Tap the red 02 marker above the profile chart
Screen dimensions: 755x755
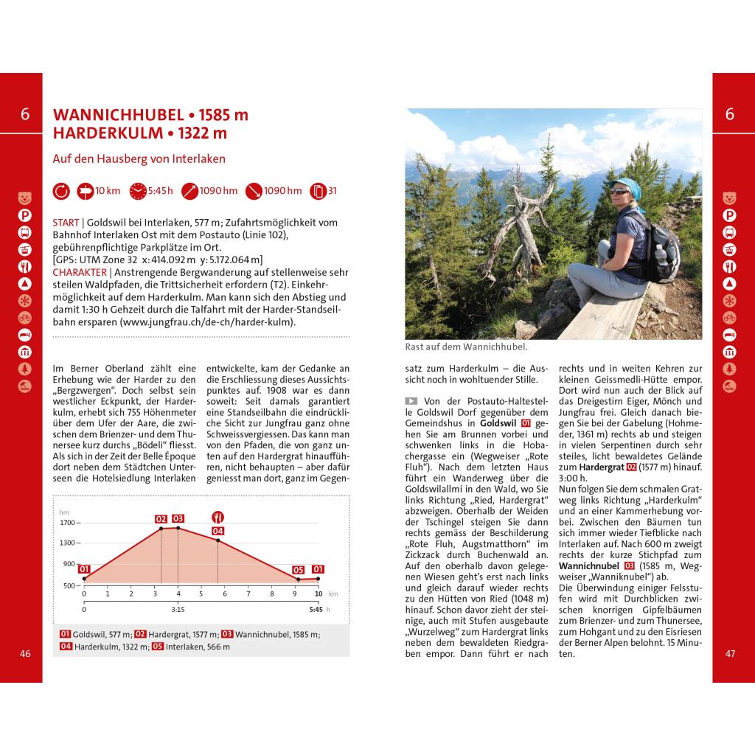(161, 519)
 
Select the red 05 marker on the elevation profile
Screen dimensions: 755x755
(298, 570)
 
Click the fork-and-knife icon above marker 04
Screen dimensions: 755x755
(218, 516)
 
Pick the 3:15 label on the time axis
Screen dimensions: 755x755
(178, 610)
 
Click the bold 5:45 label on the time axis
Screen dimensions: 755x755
(316, 610)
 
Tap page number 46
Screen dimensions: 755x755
(26, 653)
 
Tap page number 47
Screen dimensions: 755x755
(730, 653)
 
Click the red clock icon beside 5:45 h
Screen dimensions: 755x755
(138, 191)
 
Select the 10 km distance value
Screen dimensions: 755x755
(108, 191)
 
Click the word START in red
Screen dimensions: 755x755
(66, 223)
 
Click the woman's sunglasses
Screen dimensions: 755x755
(620, 191)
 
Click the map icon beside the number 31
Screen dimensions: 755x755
(319, 191)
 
